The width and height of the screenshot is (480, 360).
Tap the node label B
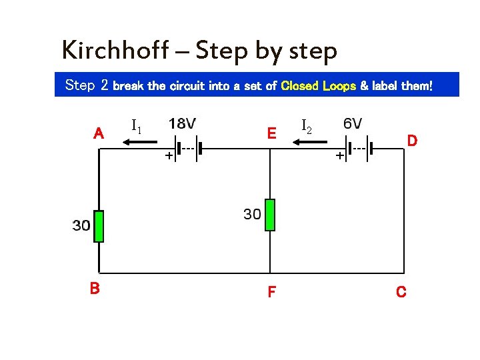click(95, 288)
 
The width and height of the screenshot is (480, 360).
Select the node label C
click(401, 292)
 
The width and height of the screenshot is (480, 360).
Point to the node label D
click(412, 140)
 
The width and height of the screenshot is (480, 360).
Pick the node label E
click(271, 133)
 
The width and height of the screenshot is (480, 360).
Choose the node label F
click(271, 292)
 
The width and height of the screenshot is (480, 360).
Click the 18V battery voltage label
click(182, 123)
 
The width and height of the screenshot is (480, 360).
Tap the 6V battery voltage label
click(353, 123)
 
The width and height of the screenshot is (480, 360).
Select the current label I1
click(136, 125)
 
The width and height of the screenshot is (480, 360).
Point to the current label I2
click(307, 125)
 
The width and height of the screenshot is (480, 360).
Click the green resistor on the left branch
click(99, 226)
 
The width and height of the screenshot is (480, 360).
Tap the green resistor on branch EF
click(270, 215)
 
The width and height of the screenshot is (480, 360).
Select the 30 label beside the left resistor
click(81, 226)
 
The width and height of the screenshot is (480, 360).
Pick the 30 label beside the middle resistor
click(251, 214)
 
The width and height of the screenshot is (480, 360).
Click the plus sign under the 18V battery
click(169, 155)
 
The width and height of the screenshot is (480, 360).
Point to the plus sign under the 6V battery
click(340, 155)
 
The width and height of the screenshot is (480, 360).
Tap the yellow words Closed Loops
click(319, 86)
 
